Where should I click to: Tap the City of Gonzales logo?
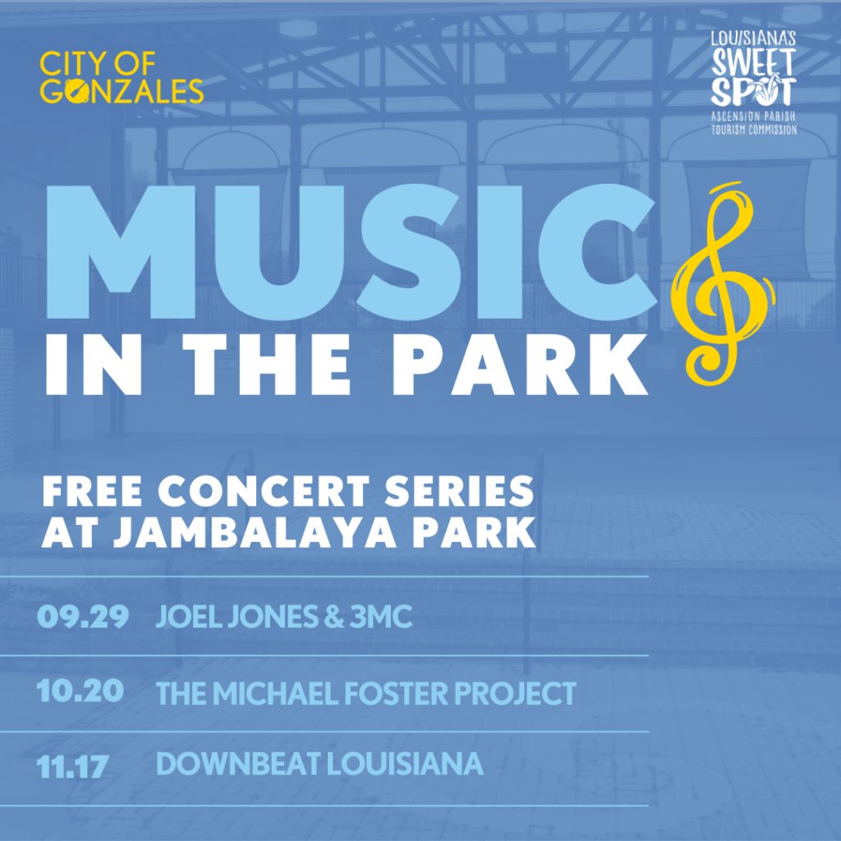pos(122,77)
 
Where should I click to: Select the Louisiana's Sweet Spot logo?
pos(754,83)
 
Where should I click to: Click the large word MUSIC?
pos(352,252)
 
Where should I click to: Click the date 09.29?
pos(83,616)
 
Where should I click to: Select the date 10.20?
pos(80,691)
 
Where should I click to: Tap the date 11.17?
pos(73,766)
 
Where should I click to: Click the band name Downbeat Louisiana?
pos(319,764)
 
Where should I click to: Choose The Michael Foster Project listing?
pos(366,693)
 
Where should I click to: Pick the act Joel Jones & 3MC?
pos(284,616)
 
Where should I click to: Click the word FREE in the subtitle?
pos(92,491)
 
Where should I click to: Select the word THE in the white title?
pos(267,365)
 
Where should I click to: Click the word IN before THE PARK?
pos(94,365)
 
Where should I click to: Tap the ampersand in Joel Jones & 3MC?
pos(334,617)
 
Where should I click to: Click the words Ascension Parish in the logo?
pos(754,117)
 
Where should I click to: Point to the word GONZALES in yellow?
pos(122,90)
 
